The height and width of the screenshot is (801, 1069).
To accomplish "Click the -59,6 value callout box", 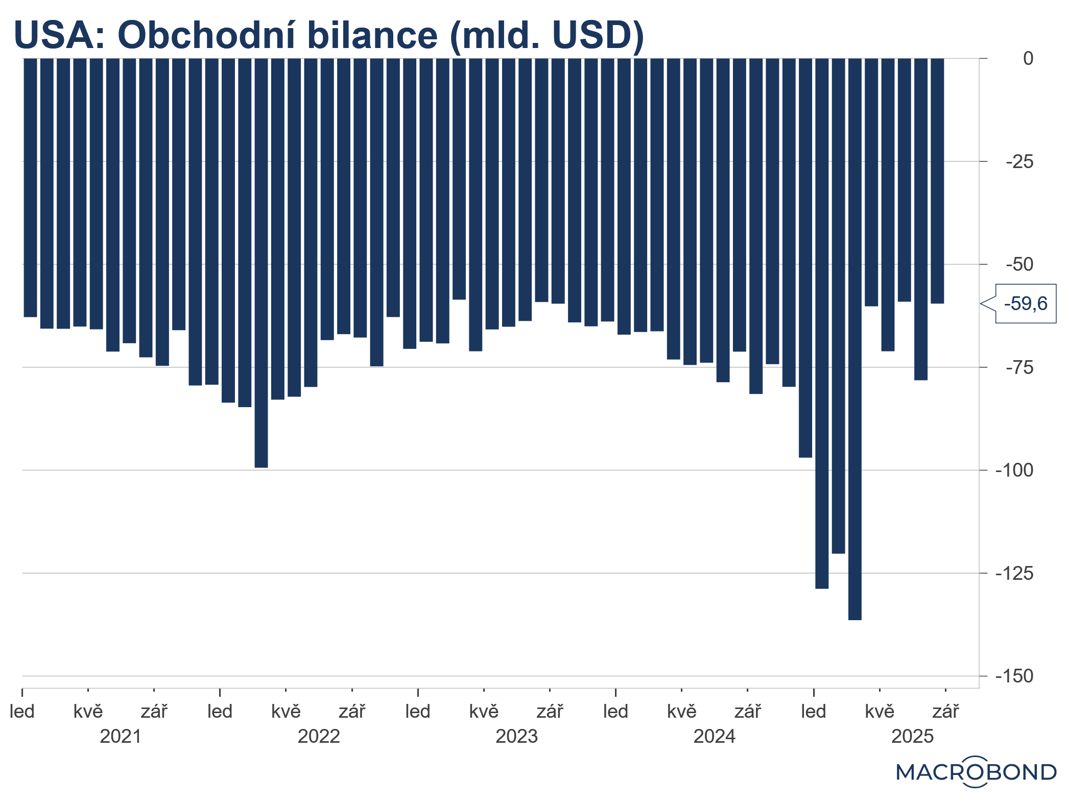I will click(1026, 304).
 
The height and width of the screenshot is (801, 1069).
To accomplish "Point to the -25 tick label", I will click(1019, 162).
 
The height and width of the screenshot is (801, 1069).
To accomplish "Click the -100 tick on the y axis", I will click(1014, 470).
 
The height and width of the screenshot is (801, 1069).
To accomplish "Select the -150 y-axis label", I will click(1014, 676).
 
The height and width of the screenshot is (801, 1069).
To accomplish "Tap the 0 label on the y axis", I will click(1028, 59).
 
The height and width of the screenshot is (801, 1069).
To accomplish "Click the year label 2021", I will click(121, 737).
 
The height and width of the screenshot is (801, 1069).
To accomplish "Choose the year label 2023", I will click(516, 737).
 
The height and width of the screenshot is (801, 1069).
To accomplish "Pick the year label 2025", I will click(912, 737).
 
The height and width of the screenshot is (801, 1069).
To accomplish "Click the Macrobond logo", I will click(976, 772).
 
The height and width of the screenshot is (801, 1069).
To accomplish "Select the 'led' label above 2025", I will click(813, 712).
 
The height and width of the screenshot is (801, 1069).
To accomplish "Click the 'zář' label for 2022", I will click(352, 712).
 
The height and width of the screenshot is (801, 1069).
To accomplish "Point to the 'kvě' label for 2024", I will click(681, 712).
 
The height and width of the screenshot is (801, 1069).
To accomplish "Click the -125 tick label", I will click(1014, 574).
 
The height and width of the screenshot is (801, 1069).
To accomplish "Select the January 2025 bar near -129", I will click(822, 323).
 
